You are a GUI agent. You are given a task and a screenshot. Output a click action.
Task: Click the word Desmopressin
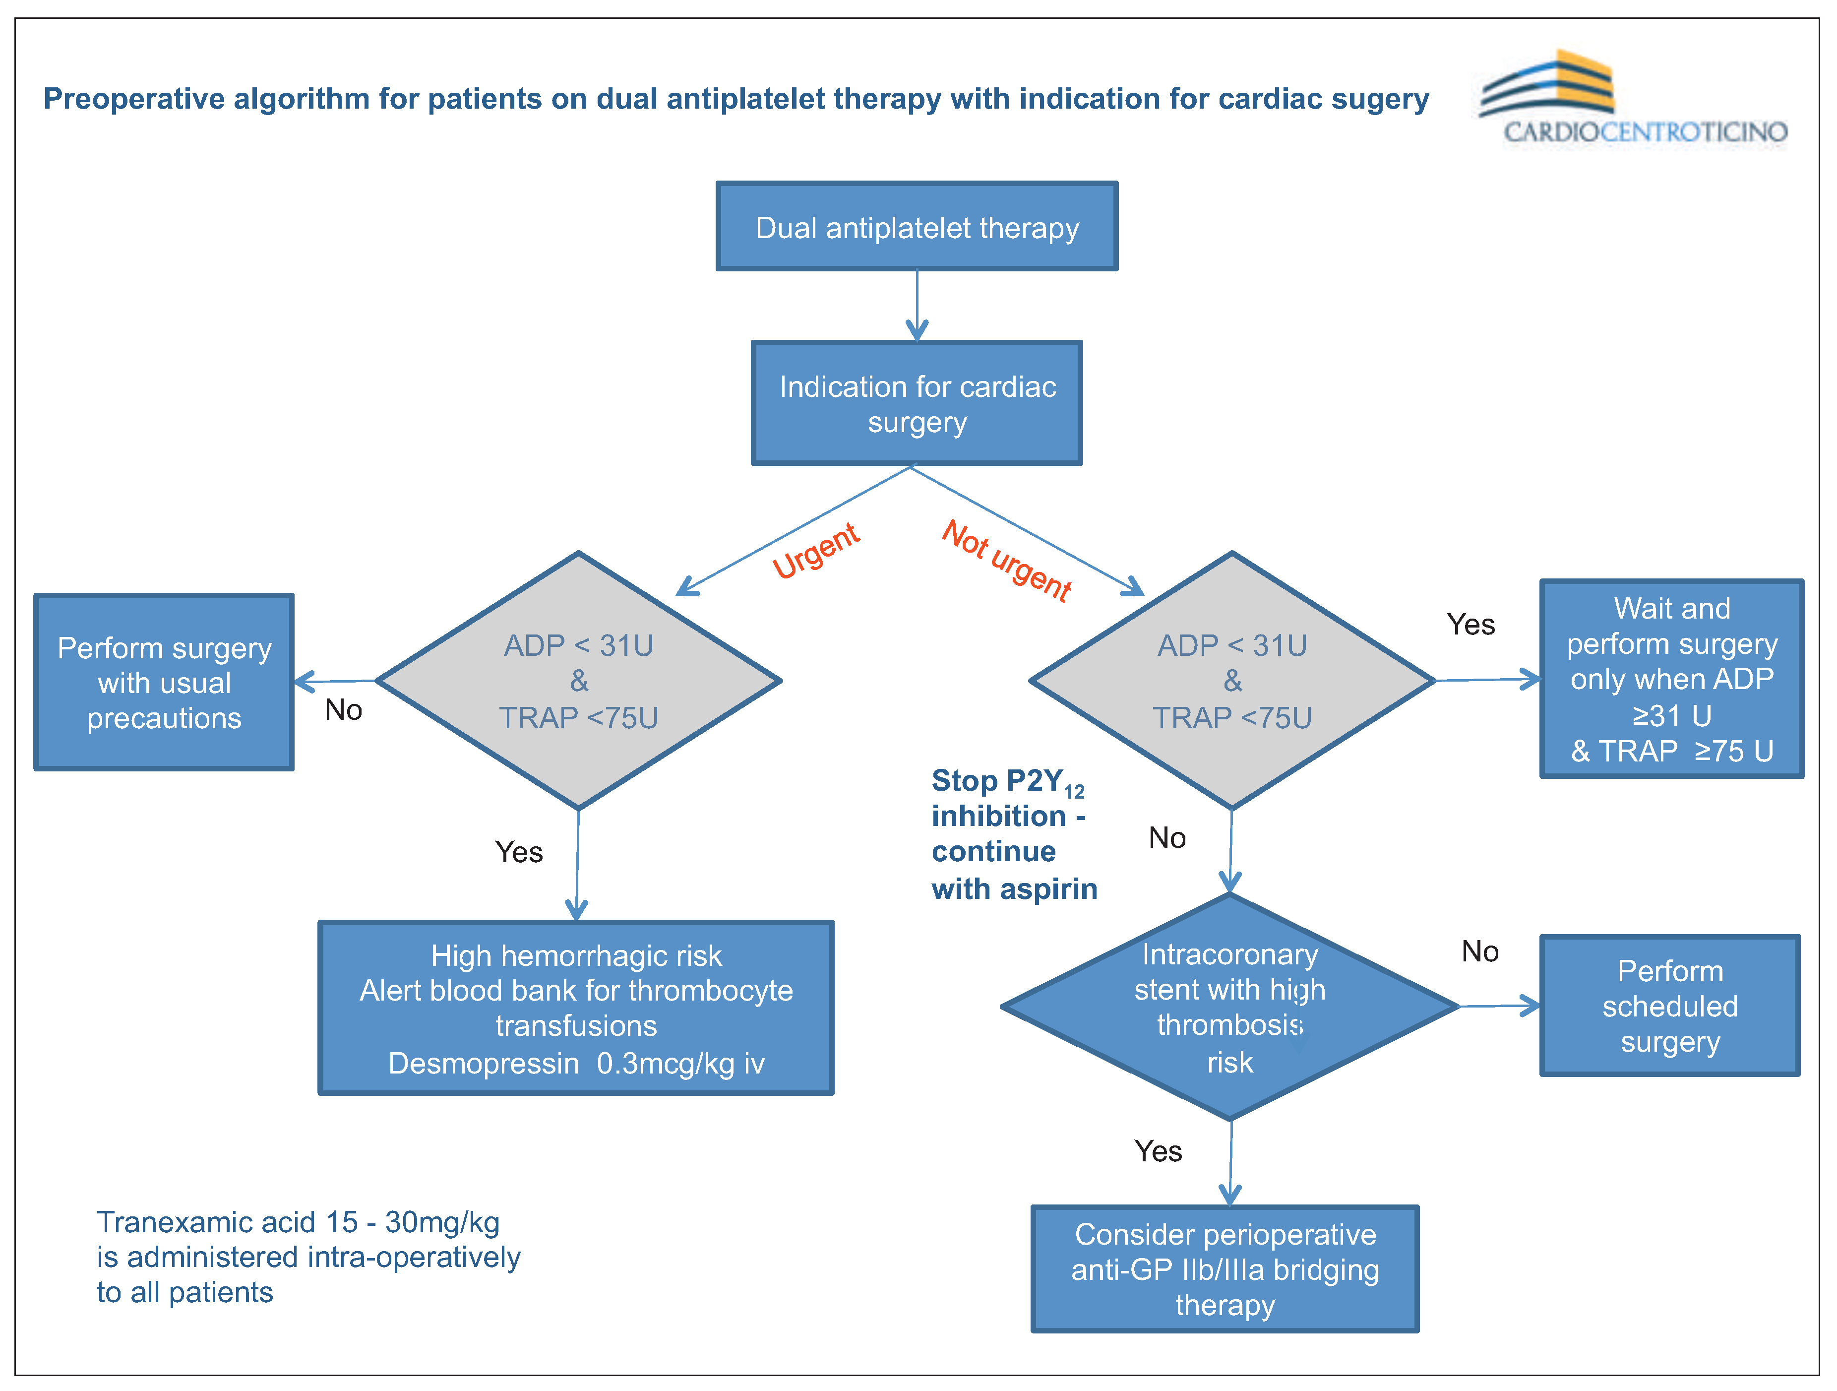click(x=484, y=1063)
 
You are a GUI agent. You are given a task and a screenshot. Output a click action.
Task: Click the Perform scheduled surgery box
click(x=1669, y=1006)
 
